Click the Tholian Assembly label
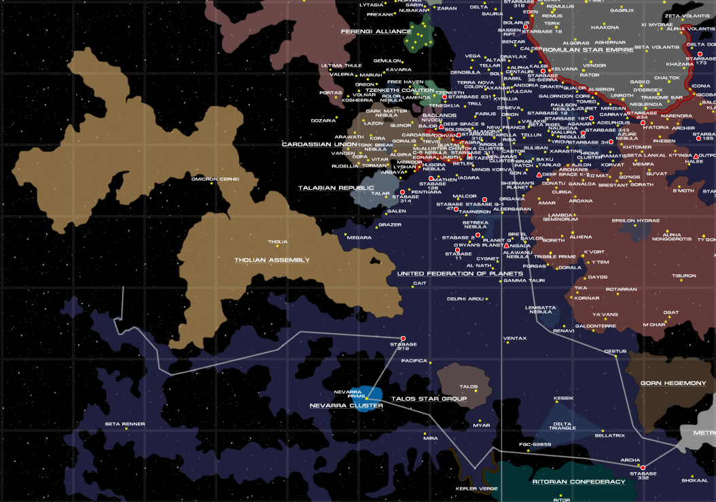coord(272,260)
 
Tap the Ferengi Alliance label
coord(371,31)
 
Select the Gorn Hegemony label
coord(673,384)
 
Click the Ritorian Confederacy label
coord(579,482)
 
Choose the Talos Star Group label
coord(429,399)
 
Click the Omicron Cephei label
coord(215,179)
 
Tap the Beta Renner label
coord(125,424)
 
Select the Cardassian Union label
coord(319,144)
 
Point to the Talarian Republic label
coord(336,188)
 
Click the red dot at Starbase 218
coord(403,338)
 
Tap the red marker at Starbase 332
coord(643,467)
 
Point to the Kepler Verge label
coord(476,488)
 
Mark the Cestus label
coord(615,351)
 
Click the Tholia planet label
coord(278,241)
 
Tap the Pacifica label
coord(414,361)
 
